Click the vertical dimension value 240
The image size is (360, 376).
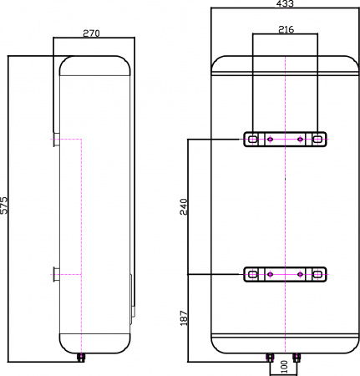pyautogui.click(x=184, y=206)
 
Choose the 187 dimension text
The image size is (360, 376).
pyautogui.click(x=184, y=318)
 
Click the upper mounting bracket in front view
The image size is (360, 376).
pyautogui.click(x=285, y=139)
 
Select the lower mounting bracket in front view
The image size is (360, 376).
pyautogui.click(x=285, y=274)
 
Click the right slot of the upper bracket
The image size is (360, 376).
pyautogui.click(x=318, y=139)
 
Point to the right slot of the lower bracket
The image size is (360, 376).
pyautogui.click(x=318, y=274)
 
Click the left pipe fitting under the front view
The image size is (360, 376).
pyautogui.click(x=270, y=358)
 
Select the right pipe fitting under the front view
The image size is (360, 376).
pyautogui.click(x=300, y=358)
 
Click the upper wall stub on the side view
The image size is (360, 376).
pyautogui.click(x=54, y=139)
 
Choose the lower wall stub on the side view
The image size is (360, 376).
pyautogui.click(x=54, y=273)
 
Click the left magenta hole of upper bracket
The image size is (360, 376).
pyautogui.click(x=270, y=139)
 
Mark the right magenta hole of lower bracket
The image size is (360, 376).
pyautogui.click(x=300, y=274)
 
